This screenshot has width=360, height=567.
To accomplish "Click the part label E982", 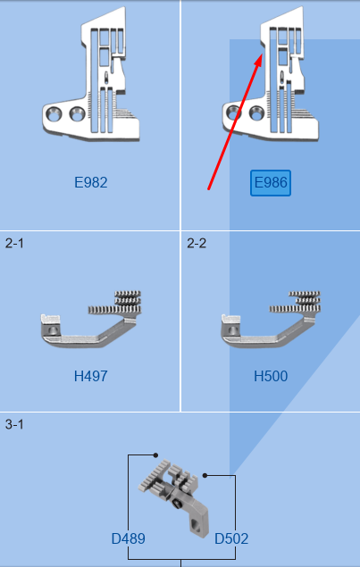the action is tap(91, 183).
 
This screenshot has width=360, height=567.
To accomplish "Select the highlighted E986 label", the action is tap(271, 183).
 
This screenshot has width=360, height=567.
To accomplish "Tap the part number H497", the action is tap(91, 377).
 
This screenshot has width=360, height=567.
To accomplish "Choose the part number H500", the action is tap(271, 377).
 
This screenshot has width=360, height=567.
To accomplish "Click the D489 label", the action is tap(129, 538).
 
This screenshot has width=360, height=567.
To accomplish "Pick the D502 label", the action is tap(231, 538).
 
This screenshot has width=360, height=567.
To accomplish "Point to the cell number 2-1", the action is tap(14, 244).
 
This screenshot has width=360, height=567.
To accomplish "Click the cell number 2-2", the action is tap(197, 244).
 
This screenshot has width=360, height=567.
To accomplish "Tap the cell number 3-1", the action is tap(14, 424).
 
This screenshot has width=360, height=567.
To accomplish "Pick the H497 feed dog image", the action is tap(91, 319).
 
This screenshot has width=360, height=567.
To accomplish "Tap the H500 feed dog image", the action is tap(271, 319).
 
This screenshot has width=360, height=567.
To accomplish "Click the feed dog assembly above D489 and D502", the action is tap(173, 499).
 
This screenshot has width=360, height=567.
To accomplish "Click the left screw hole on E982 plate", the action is tap(54, 115).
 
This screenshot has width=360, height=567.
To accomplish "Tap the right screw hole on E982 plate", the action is tap(77, 114).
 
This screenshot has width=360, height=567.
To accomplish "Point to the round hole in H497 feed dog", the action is tap(54, 329).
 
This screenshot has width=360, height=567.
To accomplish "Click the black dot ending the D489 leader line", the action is tap(155, 455).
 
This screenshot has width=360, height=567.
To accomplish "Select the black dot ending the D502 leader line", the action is tap(205, 476).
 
